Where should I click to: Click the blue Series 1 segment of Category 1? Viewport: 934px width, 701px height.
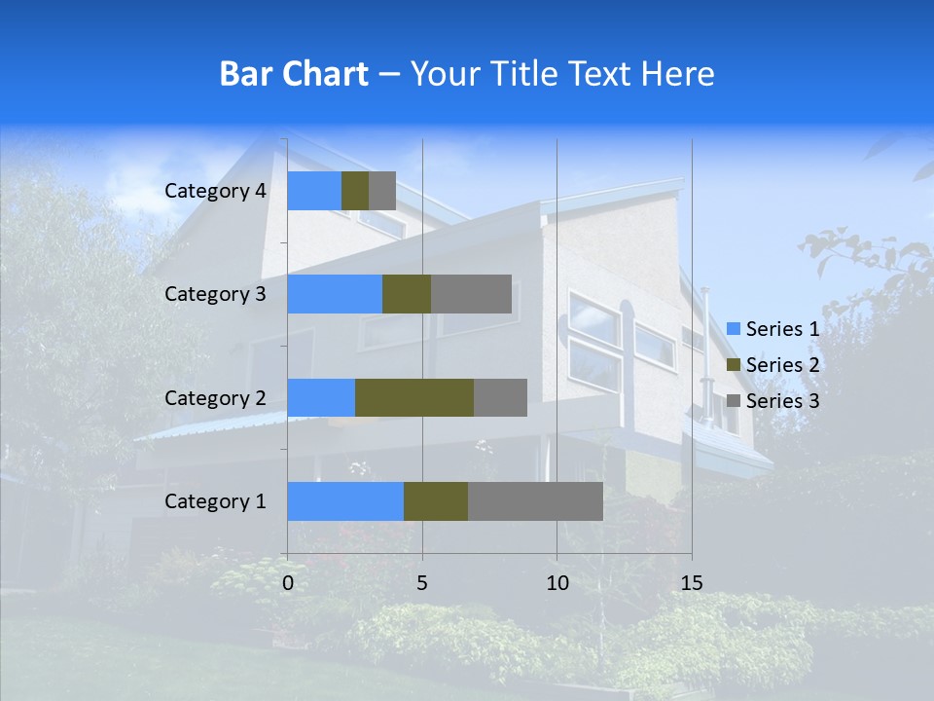pos(345,501)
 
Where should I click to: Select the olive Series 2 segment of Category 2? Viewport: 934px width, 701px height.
pos(414,397)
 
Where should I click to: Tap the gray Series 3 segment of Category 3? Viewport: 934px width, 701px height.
pos(471,294)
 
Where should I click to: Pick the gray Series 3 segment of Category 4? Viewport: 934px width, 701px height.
pos(382,191)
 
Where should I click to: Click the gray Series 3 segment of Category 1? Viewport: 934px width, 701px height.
pos(535,501)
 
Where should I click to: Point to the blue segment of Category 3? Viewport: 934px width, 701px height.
pos(335,294)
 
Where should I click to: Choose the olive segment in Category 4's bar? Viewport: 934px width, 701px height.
pos(355,191)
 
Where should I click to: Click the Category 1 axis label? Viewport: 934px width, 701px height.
pos(215,501)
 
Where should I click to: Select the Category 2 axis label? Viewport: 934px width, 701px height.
pos(215,397)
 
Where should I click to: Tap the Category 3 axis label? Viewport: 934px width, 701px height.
pos(215,294)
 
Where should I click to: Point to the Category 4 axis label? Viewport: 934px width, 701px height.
pos(215,191)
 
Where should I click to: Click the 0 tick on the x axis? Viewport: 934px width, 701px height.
pos(288,583)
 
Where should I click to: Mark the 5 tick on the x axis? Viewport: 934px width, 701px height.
pos(422,583)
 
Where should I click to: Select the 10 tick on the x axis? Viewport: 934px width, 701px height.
pos(557,583)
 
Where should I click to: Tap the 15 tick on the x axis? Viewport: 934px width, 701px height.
pos(692,583)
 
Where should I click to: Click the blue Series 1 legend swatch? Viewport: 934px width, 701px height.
pos(734,329)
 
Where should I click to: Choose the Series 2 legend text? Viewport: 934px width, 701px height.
pos(782,365)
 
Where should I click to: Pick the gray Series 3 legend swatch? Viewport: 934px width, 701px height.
pos(734,401)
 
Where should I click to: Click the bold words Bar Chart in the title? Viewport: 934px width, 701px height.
pos(294,74)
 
